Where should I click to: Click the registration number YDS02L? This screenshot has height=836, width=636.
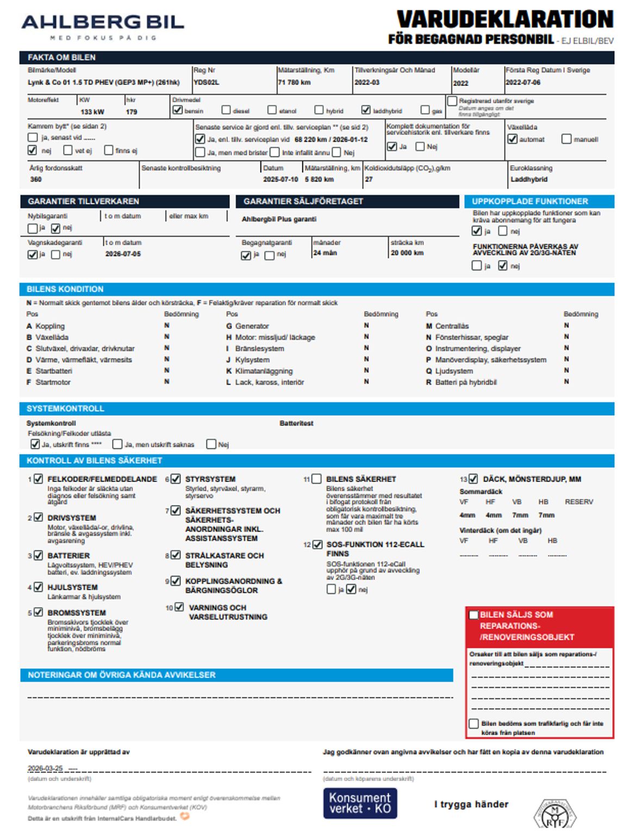[207, 83]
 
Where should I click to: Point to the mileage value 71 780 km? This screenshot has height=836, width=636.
[294, 83]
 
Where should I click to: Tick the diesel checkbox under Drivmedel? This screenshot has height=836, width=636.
[226, 110]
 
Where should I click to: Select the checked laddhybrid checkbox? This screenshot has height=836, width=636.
[366, 110]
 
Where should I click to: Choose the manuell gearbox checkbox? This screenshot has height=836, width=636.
[566, 139]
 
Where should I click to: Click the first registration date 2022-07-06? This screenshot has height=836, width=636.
[523, 83]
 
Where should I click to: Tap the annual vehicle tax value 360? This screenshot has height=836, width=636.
[36, 179]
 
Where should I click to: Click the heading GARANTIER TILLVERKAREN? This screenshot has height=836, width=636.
[84, 201]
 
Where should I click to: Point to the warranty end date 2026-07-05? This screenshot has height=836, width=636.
[123, 254]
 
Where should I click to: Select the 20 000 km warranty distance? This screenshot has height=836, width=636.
[407, 253]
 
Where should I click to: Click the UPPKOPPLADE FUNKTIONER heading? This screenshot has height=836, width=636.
[529, 201]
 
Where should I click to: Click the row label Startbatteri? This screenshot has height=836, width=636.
[54, 371]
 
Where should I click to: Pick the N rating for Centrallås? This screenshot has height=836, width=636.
[566, 326]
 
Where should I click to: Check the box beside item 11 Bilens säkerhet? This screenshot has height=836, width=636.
[317, 479]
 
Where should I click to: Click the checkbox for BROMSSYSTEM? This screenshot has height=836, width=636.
[39, 612]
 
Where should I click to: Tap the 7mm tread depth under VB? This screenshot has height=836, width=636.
[520, 515]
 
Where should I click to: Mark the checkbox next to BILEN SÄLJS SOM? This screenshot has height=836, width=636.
[473, 615]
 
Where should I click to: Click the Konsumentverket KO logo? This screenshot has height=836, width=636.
[360, 803]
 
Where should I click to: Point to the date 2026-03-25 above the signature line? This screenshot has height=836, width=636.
[45, 769]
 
